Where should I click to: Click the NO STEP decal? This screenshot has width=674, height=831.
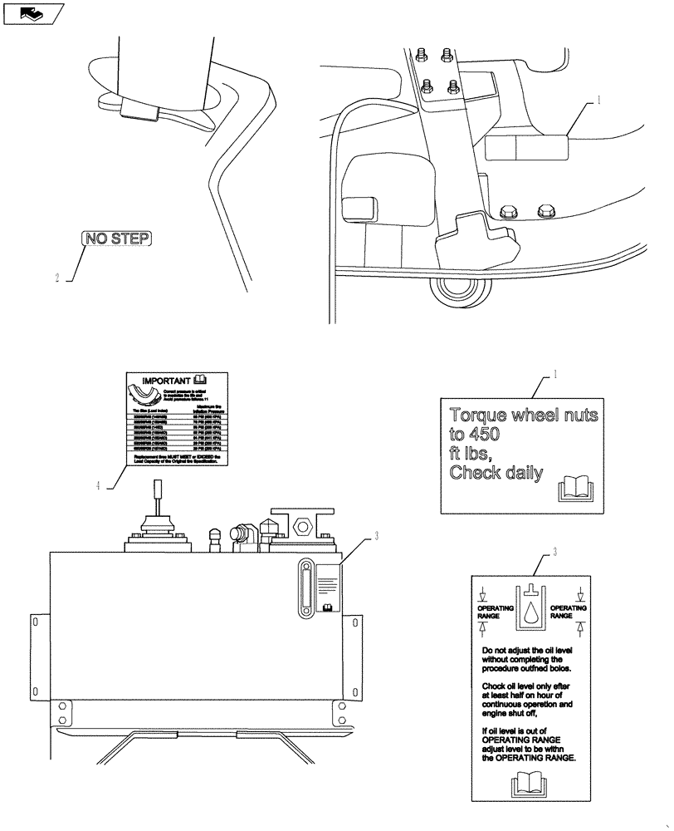pyautogui.click(x=117, y=239)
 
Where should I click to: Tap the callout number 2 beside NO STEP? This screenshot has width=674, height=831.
pyautogui.click(x=57, y=279)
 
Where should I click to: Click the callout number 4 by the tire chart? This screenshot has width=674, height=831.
pyautogui.click(x=98, y=486)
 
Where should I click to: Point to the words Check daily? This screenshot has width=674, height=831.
pyautogui.click(x=496, y=474)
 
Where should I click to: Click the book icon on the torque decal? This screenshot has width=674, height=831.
pyautogui.click(x=574, y=487)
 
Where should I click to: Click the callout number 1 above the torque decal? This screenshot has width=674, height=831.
pyautogui.click(x=555, y=375)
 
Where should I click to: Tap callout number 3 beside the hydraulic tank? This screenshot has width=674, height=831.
pyautogui.click(x=376, y=536)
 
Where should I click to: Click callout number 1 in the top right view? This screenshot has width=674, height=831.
pyautogui.click(x=596, y=101)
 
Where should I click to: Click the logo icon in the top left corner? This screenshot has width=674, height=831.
pyautogui.click(x=32, y=12)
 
